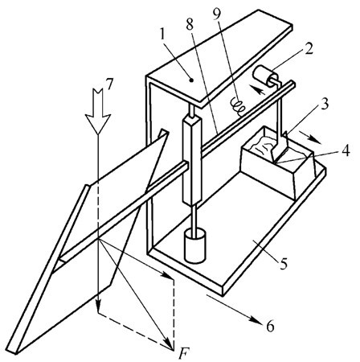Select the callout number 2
click(309, 49)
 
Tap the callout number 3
click(325, 104)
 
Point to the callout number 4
click(346, 150)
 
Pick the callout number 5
click(284, 263)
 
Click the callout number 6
click(270, 326)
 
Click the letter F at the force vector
click(183, 352)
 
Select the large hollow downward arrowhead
click(98, 123)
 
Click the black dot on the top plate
click(191, 80)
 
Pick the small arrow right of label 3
click(311, 137)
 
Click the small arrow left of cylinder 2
click(258, 89)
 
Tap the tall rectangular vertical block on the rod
click(191, 160)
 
